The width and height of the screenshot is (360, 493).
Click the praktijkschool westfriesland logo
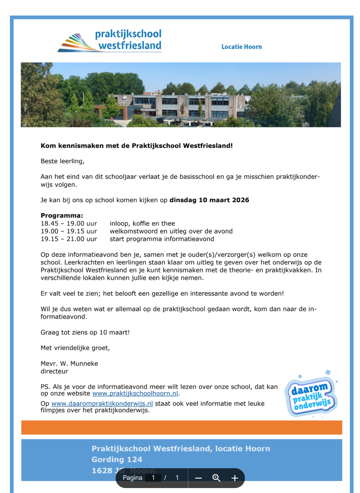pyautogui.click(x=110, y=40)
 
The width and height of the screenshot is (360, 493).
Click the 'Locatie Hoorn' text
pyautogui.click(x=241, y=47)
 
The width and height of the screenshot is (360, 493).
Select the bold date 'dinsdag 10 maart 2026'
pyautogui.click(x=209, y=200)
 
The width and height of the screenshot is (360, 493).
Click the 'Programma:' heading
pyautogui.click(x=62, y=216)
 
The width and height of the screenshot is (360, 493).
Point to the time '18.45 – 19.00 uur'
pyautogui.click(x=69, y=224)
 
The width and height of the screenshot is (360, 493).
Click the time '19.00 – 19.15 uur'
pyautogui.click(x=69, y=231)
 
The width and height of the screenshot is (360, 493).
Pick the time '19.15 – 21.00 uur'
pyautogui.click(x=69, y=239)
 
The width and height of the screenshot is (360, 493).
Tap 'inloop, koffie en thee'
pyautogui.click(x=142, y=224)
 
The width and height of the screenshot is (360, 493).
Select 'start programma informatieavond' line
pyautogui.click(x=162, y=239)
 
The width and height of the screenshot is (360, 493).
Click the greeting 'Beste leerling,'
pyautogui.click(x=62, y=162)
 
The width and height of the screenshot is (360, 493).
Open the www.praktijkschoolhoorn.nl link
pyautogui.click(x=135, y=394)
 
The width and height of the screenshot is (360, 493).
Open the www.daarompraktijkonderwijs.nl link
pyautogui.click(x=102, y=404)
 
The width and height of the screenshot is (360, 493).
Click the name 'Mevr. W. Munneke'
pyautogui.click(x=69, y=364)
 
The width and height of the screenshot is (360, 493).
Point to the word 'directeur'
pyautogui.click(x=54, y=372)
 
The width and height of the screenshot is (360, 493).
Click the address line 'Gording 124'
pyautogui.click(x=117, y=460)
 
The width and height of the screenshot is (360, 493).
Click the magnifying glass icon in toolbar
pyautogui.click(x=216, y=478)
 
